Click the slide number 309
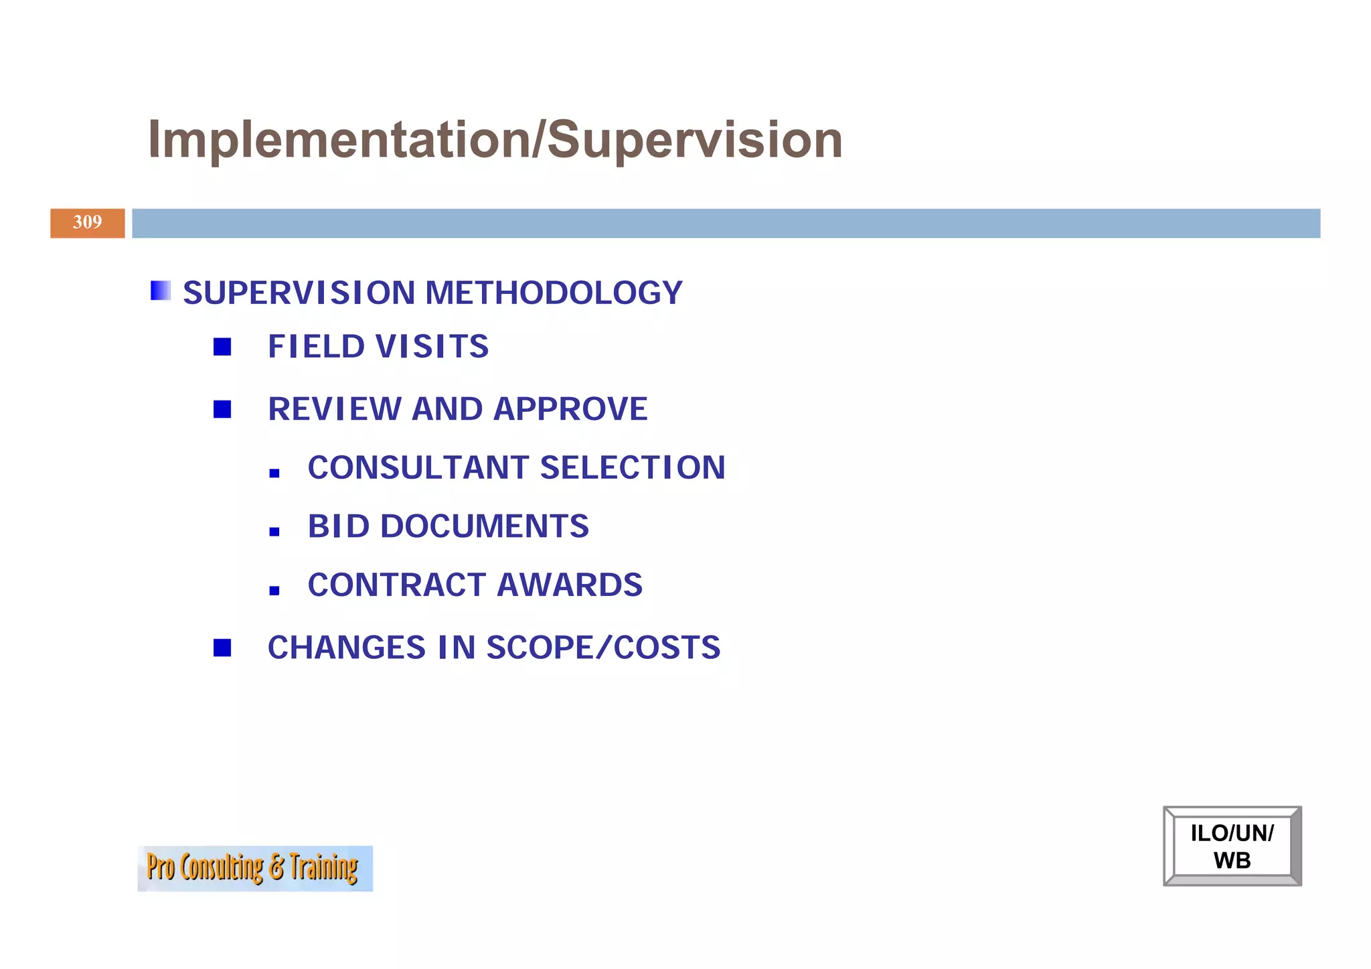(87, 222)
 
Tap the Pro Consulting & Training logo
(254, 868)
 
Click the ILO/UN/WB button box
(1232, 846)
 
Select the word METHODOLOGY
(554, 293)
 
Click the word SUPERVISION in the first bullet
(299, 293)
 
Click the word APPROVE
(570, 409)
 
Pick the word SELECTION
(633, 467)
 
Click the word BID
(338, 526)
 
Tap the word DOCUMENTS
(485, 526)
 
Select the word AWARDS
(570, 585)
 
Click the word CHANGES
(346, 648)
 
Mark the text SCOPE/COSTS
(603, 648)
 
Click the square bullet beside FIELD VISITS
(222, 347)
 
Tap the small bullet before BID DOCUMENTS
(274, 532)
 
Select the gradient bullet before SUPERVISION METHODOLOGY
(161, 291)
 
